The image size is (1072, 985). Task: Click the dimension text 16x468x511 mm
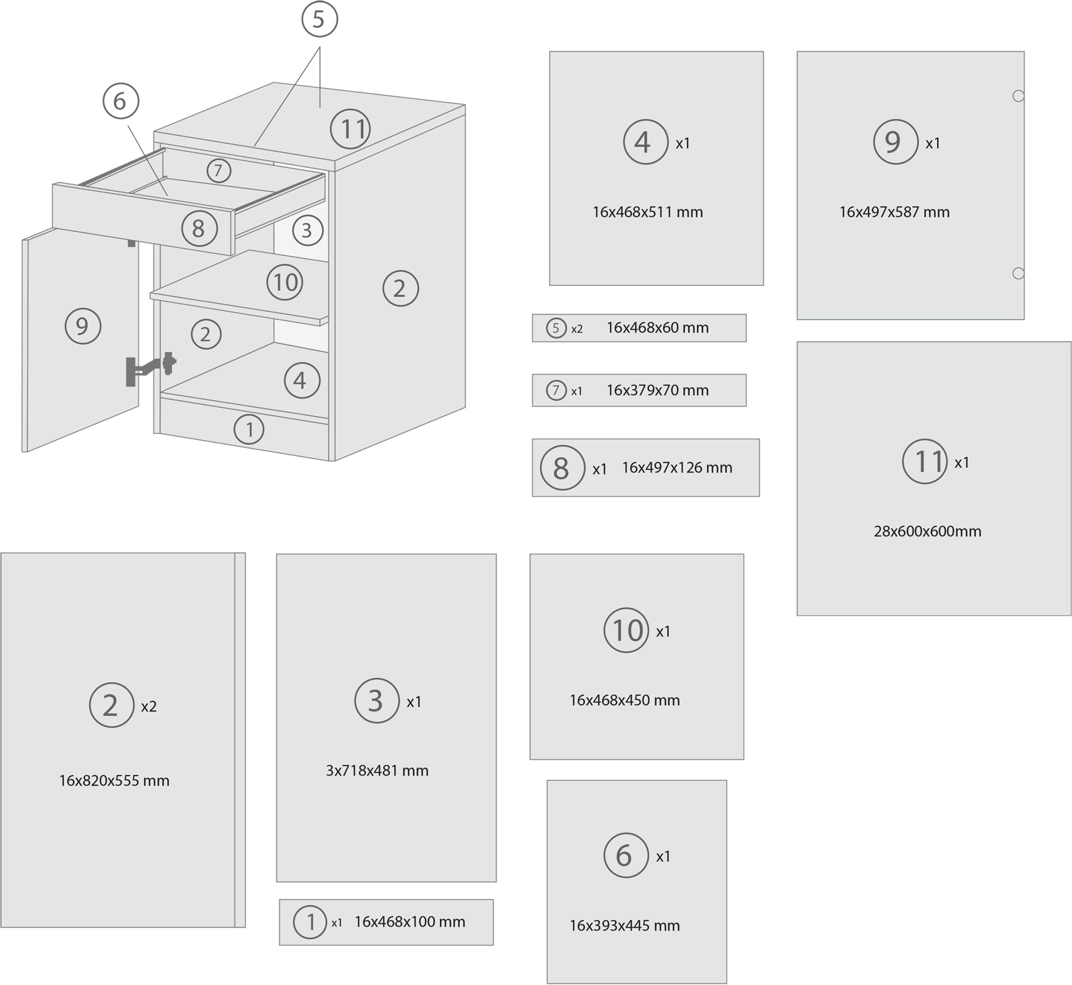648,212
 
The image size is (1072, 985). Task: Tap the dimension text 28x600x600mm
928,531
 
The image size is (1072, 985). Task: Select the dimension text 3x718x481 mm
377,770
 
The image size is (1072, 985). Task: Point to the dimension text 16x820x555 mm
114,780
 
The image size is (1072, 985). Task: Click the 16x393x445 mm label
625,925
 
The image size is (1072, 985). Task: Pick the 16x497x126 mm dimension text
677,467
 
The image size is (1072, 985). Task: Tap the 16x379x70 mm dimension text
657,390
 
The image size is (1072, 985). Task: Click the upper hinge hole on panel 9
1018,96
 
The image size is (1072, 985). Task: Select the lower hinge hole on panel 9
1018,273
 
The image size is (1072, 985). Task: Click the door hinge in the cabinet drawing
151,368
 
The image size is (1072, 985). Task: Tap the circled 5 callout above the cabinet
319,19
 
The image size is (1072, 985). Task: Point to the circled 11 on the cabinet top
350,129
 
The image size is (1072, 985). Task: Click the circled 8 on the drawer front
199,228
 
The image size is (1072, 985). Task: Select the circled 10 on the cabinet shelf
285,282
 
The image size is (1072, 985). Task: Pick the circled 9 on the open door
83,326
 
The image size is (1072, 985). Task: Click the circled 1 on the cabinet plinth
249,429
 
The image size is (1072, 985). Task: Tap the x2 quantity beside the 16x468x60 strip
577,329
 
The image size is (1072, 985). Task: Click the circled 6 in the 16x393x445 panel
626,856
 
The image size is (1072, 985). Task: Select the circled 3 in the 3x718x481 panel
377,701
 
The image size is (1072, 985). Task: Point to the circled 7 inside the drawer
218,171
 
